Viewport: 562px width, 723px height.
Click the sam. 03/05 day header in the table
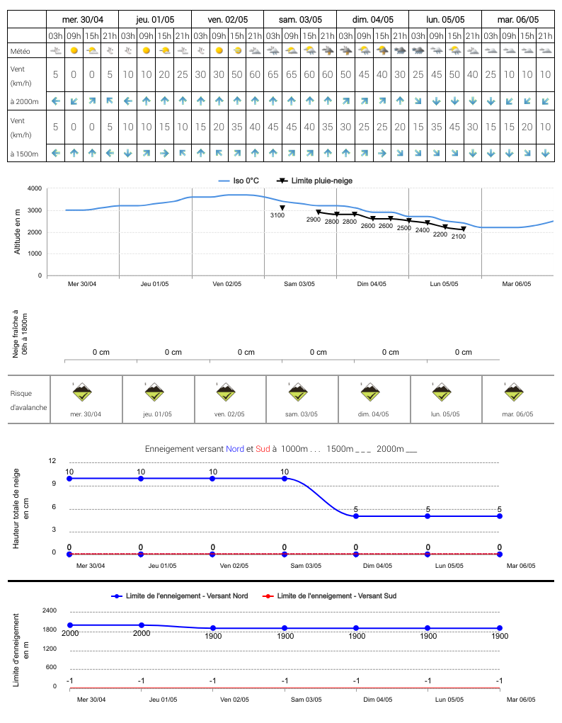(300, 20)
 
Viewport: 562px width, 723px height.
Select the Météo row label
(21, 51)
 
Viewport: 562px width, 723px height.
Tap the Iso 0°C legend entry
(239, 181)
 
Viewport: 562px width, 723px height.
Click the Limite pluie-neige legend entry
(314, 181)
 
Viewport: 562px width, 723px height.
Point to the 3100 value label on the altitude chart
(277, 215)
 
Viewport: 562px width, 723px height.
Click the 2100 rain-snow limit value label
(458, 237)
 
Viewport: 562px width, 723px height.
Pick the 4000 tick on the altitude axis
(35, 188)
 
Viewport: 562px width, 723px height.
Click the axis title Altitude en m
(18, 232)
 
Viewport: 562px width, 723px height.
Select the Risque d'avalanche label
(28, 400)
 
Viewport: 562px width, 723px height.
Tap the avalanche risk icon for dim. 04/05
(370, 392)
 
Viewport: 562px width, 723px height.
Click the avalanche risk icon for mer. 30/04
(82, 392)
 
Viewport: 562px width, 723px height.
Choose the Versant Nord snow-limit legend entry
(180, 596)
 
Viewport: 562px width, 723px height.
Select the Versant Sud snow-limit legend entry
(329, 596)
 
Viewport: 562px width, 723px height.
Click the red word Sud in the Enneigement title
(263, 449)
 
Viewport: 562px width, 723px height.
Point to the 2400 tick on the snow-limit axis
(50, 610)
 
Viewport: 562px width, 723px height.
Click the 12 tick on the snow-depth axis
(52, 460)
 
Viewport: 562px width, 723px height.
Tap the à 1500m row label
(25, 154)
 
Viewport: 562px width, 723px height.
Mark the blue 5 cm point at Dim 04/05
(356, 516)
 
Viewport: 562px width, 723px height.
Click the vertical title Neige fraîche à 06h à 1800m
(20, 334)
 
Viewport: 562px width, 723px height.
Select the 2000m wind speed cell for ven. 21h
(255, 74)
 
